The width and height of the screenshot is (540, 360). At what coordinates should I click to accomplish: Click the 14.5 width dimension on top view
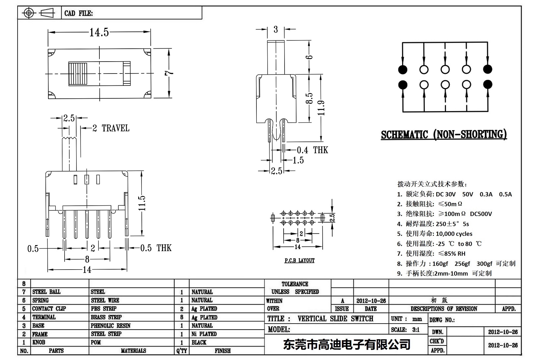tap(99, 32)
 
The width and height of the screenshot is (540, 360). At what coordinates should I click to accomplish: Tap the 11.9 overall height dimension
tap(321, 108)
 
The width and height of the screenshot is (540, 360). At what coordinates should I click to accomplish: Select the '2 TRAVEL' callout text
tap(111, 128)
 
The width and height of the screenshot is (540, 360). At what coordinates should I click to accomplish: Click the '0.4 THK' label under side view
tap(312, 150)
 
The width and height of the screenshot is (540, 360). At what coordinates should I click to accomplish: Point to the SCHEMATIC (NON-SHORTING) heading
tap(444, 134)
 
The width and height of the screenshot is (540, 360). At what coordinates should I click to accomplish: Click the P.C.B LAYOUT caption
tap(299, 260)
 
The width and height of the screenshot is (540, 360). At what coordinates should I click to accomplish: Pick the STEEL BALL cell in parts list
tap(46, 292)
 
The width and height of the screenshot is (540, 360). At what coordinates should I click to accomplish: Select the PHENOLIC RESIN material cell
tap(111, 326)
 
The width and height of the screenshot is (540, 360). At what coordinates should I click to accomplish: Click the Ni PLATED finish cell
tap(204, 334)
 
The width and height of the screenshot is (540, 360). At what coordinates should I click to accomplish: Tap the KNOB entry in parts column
tap(39, 342)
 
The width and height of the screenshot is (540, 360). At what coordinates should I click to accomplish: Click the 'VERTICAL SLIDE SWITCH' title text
tap(335, 319)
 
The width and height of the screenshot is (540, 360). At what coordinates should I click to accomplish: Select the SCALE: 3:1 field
tap(405, 330)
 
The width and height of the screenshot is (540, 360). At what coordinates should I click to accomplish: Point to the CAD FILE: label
tap(79, 13)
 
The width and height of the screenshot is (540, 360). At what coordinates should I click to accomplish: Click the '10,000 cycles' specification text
tap(454, 234)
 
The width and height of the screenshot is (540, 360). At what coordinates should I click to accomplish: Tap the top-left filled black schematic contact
tap(403, 70)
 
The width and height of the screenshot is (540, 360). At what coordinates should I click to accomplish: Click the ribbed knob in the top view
tap(78, 74)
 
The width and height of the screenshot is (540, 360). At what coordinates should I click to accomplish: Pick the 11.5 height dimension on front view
tap(142, 203)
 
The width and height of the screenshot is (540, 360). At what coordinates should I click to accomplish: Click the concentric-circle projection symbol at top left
tap(29, 13)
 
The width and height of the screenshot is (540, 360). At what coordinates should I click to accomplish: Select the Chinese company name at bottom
tap(347, 344)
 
